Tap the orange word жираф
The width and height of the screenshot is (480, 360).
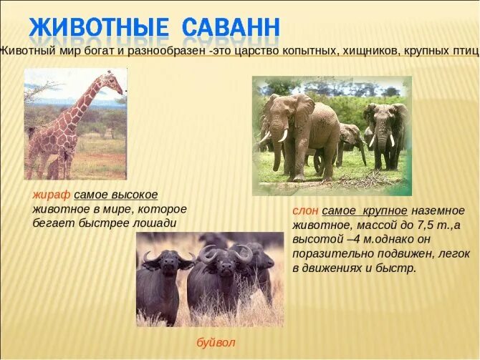[x=52, y=195]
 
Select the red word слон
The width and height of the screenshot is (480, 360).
[x=305, y=210]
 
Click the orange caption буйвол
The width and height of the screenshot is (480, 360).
[x=215, y=343]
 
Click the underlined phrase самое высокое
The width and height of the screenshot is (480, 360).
[x=115, y=195]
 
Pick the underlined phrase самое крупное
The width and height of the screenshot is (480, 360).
[x=365, y=210]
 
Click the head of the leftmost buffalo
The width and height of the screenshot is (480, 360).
[x=159, y=265]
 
